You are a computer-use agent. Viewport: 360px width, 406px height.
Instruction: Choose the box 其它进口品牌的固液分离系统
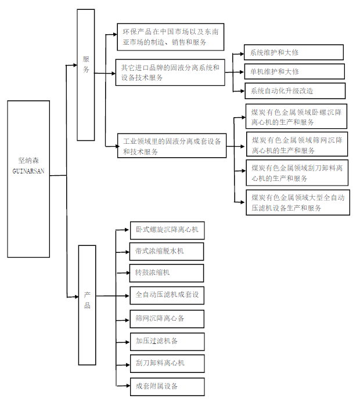coord(170,72)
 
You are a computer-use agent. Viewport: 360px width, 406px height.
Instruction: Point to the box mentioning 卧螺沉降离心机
coord(297,117)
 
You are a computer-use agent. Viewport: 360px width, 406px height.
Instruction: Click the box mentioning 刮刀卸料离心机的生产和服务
coord(297,173)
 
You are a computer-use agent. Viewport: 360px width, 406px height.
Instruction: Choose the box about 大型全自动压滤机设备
coord(297,202)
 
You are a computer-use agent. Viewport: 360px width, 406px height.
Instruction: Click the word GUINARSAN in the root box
coord(28,172)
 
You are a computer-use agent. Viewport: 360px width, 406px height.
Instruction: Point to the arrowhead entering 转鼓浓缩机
coord(127,273)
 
